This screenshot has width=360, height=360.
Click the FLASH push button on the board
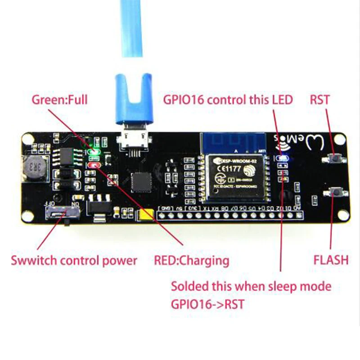(335, 193)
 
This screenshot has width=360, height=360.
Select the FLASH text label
(331, 260)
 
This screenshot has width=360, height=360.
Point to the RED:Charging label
(191, 260)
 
